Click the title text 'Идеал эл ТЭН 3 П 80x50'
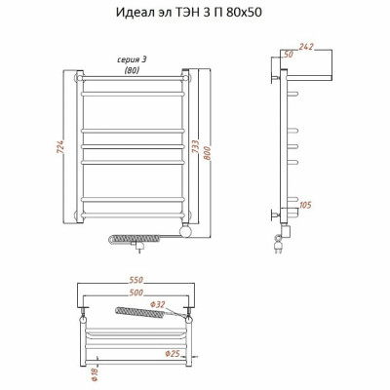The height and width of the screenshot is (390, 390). tap(189, 13)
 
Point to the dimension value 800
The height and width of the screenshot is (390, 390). tap(207, 150)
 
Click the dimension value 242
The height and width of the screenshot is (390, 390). tap(306, 47)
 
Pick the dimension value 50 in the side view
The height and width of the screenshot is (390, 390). tap(288, 55)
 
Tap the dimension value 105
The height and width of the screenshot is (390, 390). tap(304, 205)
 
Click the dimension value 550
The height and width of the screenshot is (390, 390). tap(136, 280)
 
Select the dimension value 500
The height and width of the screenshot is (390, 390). tap(136, 292)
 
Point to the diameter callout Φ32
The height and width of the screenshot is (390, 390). tap(158, 304)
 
